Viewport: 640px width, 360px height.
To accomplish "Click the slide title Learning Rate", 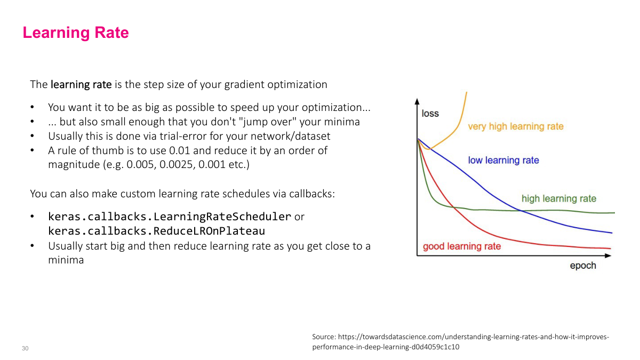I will (75, 33).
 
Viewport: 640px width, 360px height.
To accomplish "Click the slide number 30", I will (25, 348).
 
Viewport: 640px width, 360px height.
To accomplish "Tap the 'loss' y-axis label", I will (430, 114).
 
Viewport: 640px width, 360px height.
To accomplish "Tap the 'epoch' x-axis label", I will (582, 266).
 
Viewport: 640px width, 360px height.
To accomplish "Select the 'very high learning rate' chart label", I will (515, 126).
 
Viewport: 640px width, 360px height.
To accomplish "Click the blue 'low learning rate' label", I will (503, 160).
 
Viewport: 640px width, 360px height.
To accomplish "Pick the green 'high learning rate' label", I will (558, 198).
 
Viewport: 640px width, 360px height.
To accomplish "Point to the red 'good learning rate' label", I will (461, 246).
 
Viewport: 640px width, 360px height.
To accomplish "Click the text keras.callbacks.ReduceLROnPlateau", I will (156, 231).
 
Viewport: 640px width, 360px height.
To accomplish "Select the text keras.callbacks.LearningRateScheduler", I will (170, 217).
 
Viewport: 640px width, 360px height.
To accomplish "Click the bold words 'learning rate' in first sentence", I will (81, 84).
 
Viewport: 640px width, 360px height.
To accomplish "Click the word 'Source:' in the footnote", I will (324, 337).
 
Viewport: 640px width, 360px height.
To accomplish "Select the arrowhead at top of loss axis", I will (417, 101).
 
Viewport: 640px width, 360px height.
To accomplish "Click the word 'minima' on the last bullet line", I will (66, 260).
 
